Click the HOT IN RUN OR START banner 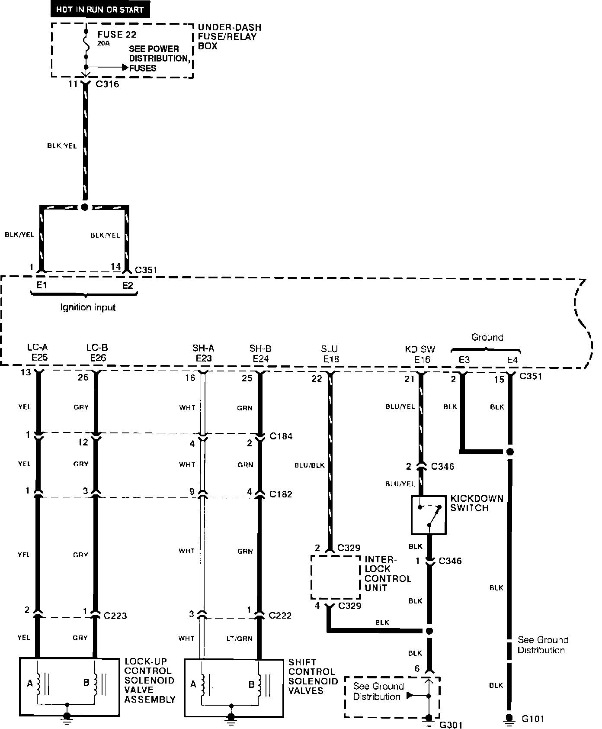point(100,9)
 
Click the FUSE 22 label point(117,34)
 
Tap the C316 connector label point(107,84)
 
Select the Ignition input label point(88,307)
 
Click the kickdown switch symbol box point(428,515)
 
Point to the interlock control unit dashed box point(336,577)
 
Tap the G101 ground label point(533,719)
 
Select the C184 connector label point(281,436)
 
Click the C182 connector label point(281,494)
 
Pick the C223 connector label point(115,616)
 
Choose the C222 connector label point(280,615)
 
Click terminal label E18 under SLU point(330,359)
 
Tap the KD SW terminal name point(420,349)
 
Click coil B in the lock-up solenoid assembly point(98,683)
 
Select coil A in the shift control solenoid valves point(202,684)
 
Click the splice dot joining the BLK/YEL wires point(85,207)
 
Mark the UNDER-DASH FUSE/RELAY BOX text point(229,36)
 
